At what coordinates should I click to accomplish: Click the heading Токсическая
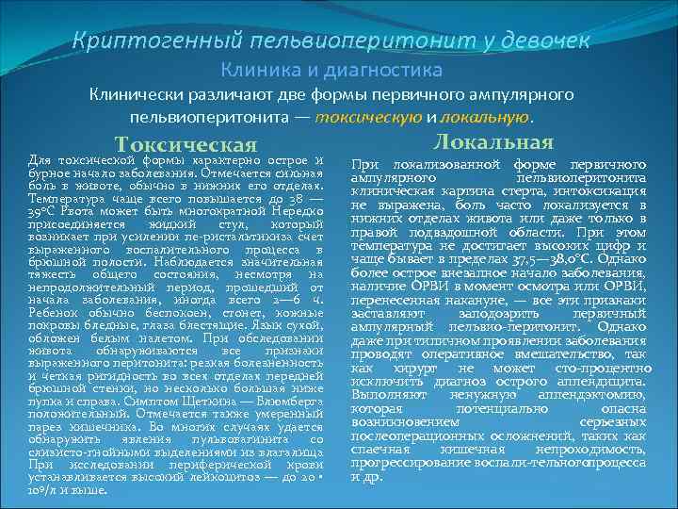185,143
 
